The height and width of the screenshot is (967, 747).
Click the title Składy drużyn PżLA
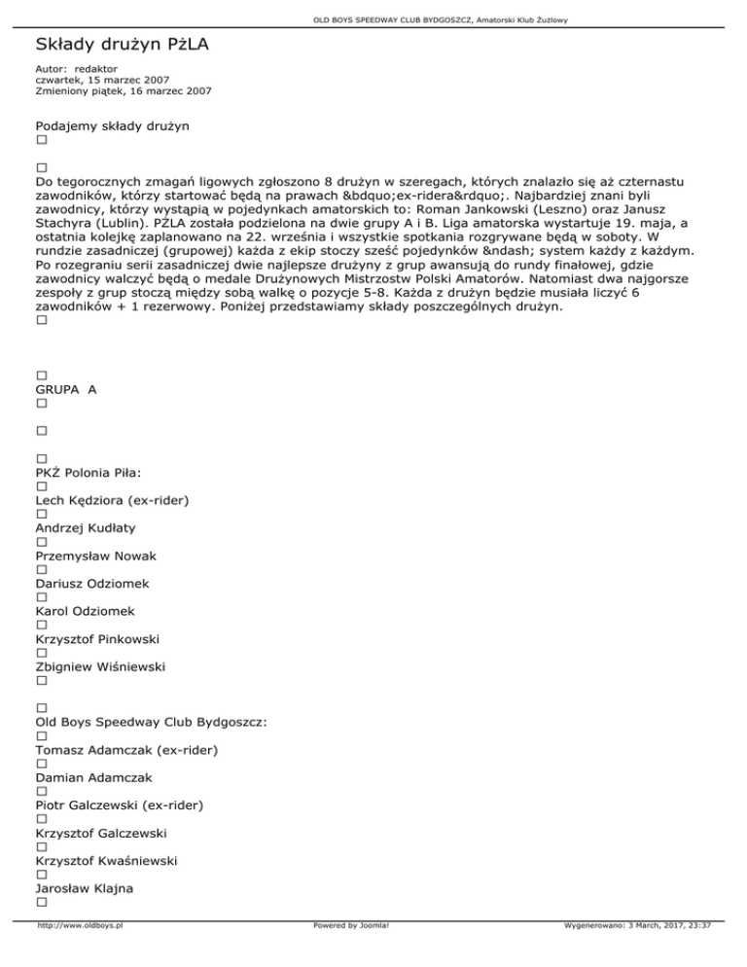[124, 45]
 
